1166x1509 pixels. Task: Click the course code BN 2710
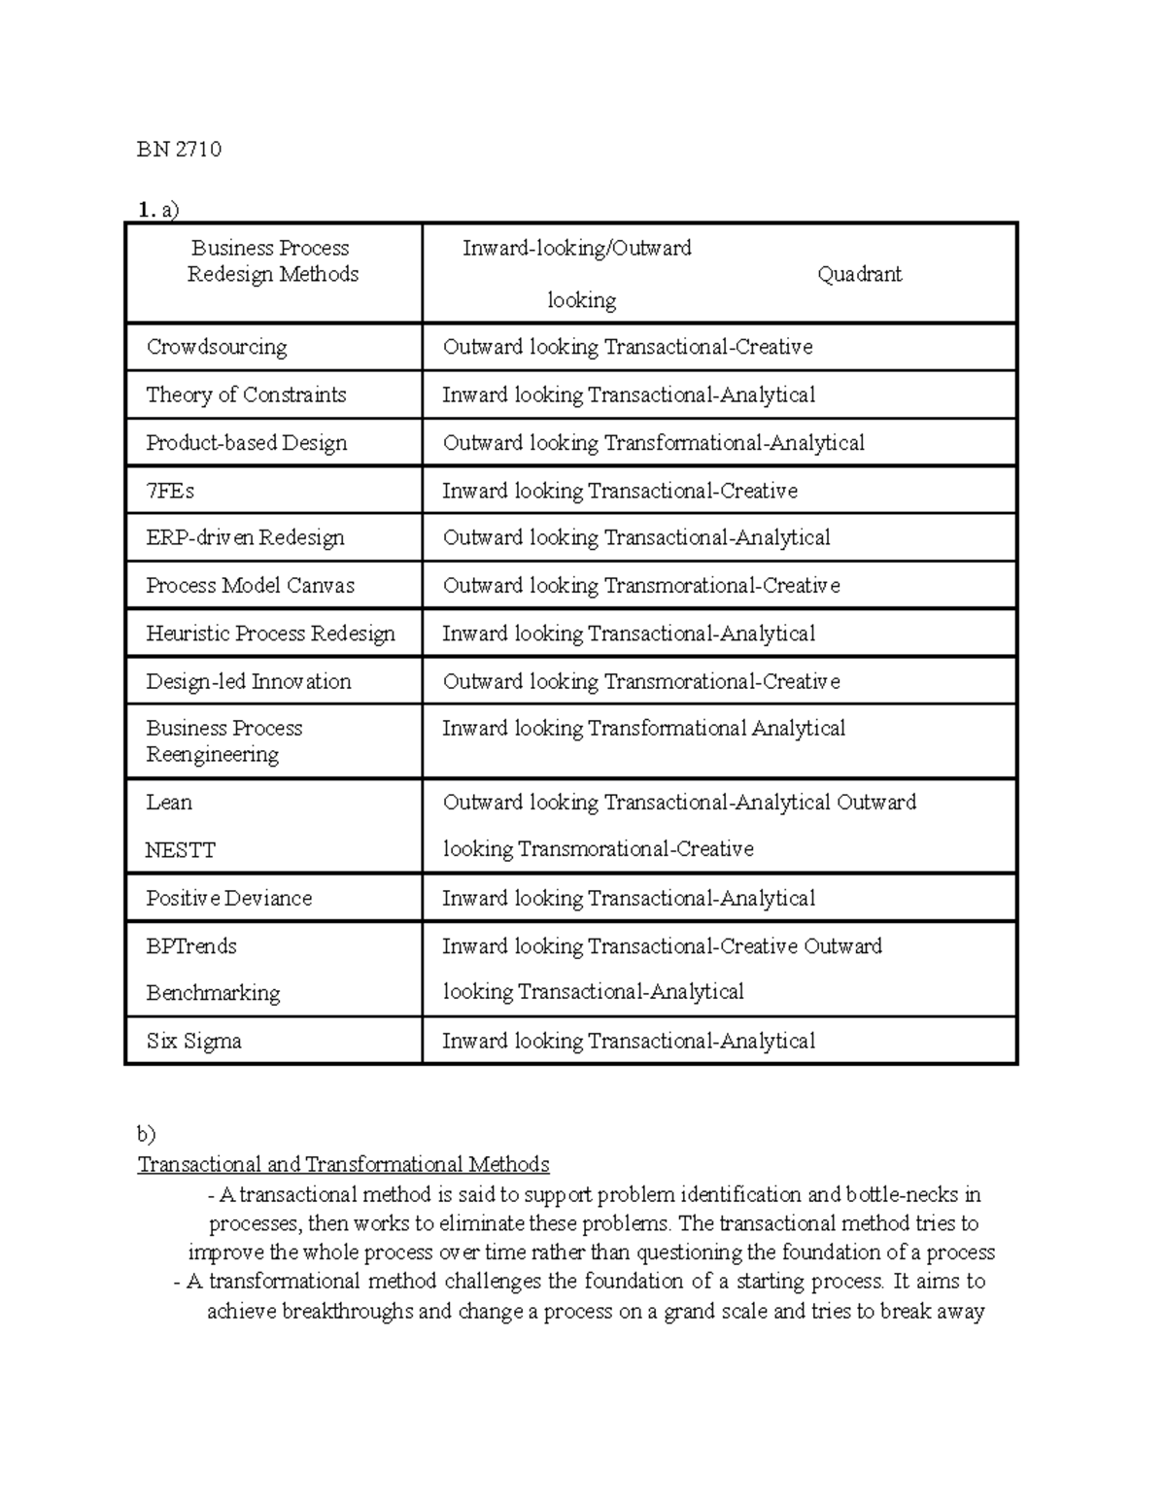pos(179,149)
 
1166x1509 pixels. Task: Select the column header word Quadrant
pos(859,274)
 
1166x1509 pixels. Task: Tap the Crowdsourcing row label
pos(216,347)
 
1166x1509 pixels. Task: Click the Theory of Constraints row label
pos(246,394)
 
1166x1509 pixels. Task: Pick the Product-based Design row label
pos(246,443)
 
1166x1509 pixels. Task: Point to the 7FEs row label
pos(170,491)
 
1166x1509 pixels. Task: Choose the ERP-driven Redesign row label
pos(245,537)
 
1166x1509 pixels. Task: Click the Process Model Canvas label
pos(250,585)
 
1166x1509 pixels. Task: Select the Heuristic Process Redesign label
pos(270,634)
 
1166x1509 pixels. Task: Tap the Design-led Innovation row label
pos(248,681)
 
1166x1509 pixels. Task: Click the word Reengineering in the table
pos(212,754)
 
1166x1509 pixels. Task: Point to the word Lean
pos(169,802)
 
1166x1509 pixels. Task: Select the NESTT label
pos(180,849)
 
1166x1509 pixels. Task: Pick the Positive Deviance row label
pos(228,898)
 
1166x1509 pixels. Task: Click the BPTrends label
pos(190,945)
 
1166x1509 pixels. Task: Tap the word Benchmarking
pos(213,992)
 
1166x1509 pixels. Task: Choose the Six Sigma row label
pos(193,1041)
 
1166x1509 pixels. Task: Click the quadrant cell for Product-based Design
pos(653,443)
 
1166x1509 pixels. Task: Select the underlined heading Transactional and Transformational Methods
pos(343,1164)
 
